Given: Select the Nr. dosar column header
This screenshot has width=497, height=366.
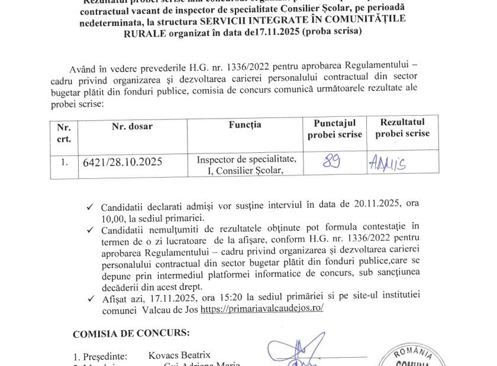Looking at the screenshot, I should coord(131,126).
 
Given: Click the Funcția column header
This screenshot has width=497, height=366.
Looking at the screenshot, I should coord(244,125).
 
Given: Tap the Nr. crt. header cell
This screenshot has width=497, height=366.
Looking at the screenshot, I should coord(64,133).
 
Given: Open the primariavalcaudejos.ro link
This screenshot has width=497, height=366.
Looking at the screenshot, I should coord(262,309).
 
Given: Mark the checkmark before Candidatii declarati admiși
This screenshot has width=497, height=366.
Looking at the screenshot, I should coord(89,207).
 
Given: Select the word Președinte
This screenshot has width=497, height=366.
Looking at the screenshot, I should coord(104,357).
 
